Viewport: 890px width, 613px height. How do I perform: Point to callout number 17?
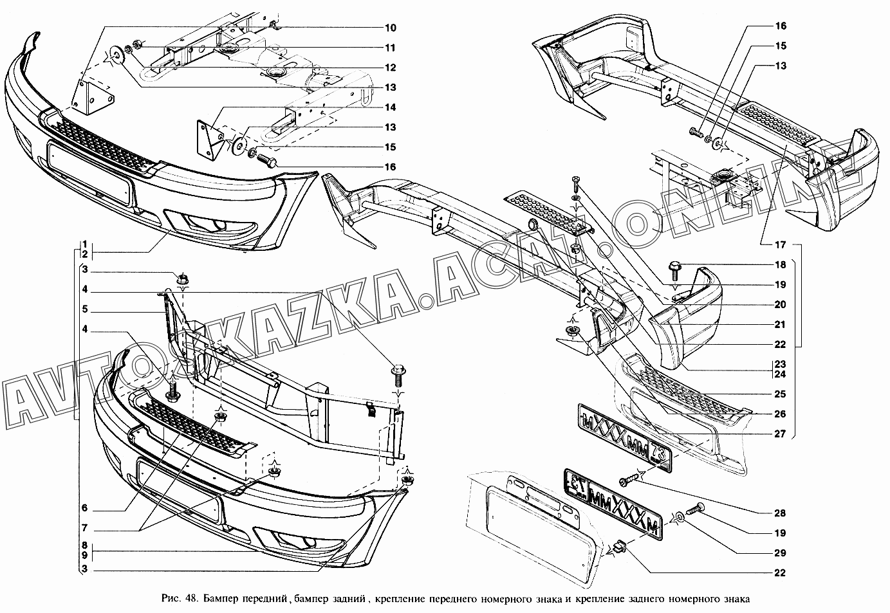coord(780,244)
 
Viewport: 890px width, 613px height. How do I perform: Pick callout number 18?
coord(780,264)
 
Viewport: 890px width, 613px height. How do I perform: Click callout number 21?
coord(780,324)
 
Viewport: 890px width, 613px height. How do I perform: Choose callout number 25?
coord(780,394)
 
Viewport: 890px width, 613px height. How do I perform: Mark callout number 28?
coord(780,513)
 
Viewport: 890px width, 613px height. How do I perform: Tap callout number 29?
coord(780,553)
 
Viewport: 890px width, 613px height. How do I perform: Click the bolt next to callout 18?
coord(675,266)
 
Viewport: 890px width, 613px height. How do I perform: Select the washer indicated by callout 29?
coord(680,516)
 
